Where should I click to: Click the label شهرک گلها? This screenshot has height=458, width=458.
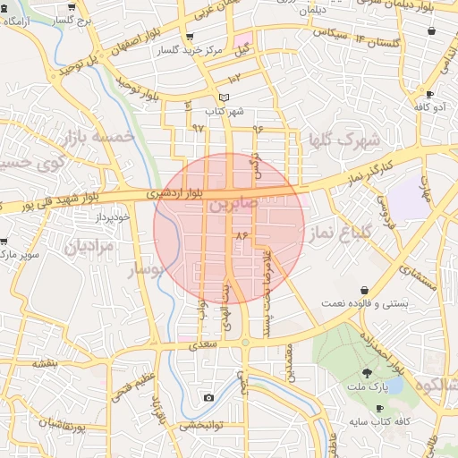[344, 140]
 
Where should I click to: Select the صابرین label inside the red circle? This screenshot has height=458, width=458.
[233, 205]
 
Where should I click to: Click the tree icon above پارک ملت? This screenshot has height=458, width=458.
[368, 373]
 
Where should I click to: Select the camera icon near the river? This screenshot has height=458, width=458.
[208, 397]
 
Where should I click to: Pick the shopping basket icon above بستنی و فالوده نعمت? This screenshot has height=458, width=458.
[365, 290]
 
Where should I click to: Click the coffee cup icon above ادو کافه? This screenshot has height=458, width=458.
[430, 94]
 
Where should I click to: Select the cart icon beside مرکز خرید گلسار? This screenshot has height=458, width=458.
[189, 38]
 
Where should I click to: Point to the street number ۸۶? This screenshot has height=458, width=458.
[240, 234]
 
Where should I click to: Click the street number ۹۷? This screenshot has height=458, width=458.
[199, 128]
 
